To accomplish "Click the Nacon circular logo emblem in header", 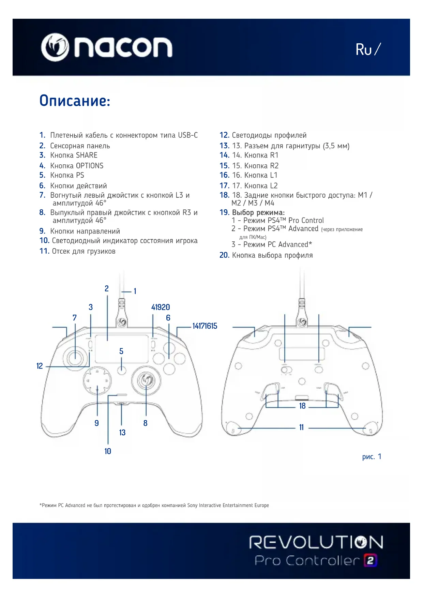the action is tap(55, 47).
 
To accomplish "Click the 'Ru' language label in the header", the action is tap(364, 50).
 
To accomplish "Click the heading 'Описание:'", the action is tap(75, 101).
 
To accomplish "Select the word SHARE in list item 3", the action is tap(87, 155).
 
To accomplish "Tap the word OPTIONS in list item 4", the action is tap(90, 166).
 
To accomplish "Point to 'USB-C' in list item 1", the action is tap(188, 135).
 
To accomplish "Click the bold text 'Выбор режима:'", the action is tap(258, 213).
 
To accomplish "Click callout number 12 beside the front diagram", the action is tap(40, 366).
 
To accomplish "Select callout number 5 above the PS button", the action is tap(121, 352).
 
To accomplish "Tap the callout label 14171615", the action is tap(205, 326).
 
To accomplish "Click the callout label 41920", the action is tap(161, 307).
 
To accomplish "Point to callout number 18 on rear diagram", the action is tap(302, 406).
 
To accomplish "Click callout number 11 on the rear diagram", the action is tap(301, 428).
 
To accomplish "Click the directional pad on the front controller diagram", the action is tap(97, 381).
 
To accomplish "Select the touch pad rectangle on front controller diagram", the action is tap(122, 349).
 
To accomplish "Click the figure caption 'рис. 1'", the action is tap(372, 457).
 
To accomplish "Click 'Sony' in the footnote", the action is tap(192, 505).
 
